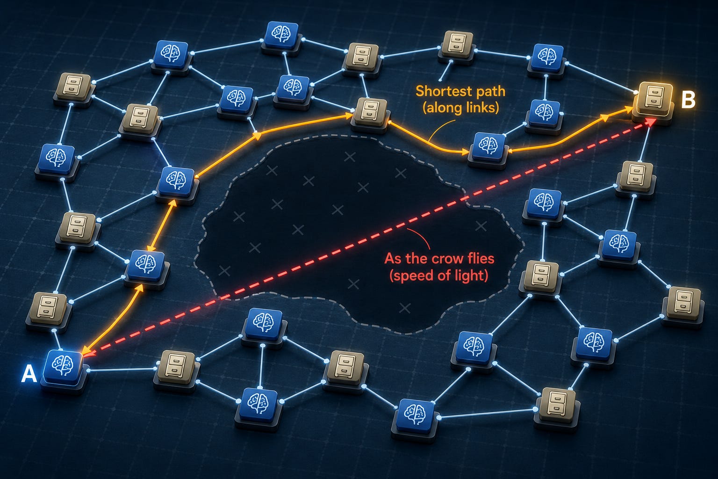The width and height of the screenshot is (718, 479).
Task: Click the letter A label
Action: pyautogui.click(x=29, y=374)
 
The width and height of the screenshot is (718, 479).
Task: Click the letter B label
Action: pyautogui.click(x=688, y=100)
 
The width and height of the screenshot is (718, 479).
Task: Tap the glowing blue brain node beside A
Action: pyautogui.click(x=63, y=368)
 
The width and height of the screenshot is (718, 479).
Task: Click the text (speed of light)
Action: pyautogui.click(x=439, y=276)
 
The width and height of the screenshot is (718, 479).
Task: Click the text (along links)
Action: pyautogui.click(x=460, y=108)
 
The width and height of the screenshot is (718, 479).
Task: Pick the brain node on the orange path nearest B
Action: pyautogui.click(x=488, y=148)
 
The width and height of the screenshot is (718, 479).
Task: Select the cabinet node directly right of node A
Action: pyautogui.click(x=176, y=369)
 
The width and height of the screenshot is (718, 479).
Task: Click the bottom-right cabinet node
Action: pyautogui.click(x=556, y=405)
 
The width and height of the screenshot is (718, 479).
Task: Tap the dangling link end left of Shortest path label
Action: pyautogui.click(x=440, y=80)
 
